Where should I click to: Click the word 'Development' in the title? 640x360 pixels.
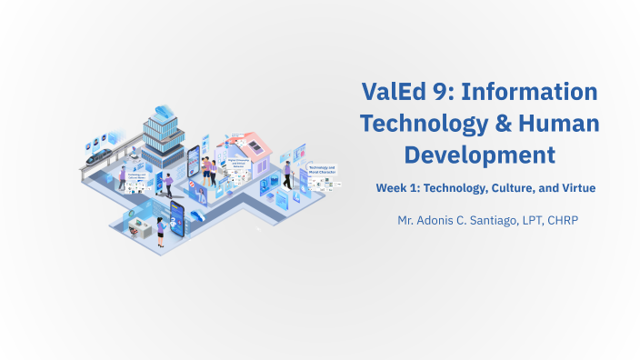click(x=479, y=154)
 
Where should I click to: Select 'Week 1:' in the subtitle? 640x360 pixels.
click(x=396, y=188)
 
